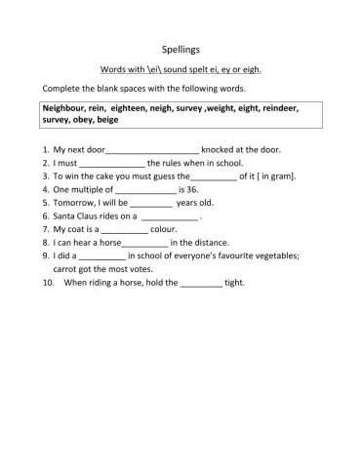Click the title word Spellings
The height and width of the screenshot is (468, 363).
click(181, 48)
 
